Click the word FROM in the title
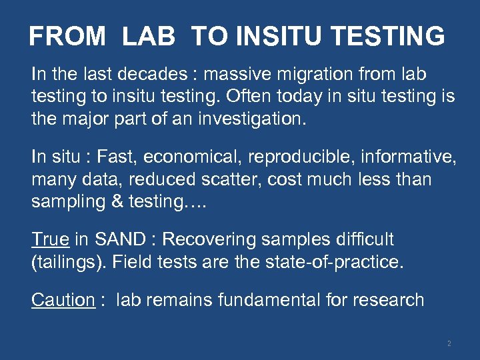pos(67,36)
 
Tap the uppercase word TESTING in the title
pos(386,36)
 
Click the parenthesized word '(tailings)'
pos(69,261)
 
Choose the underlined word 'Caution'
pos(63,300)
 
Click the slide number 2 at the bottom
pos(449,343)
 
